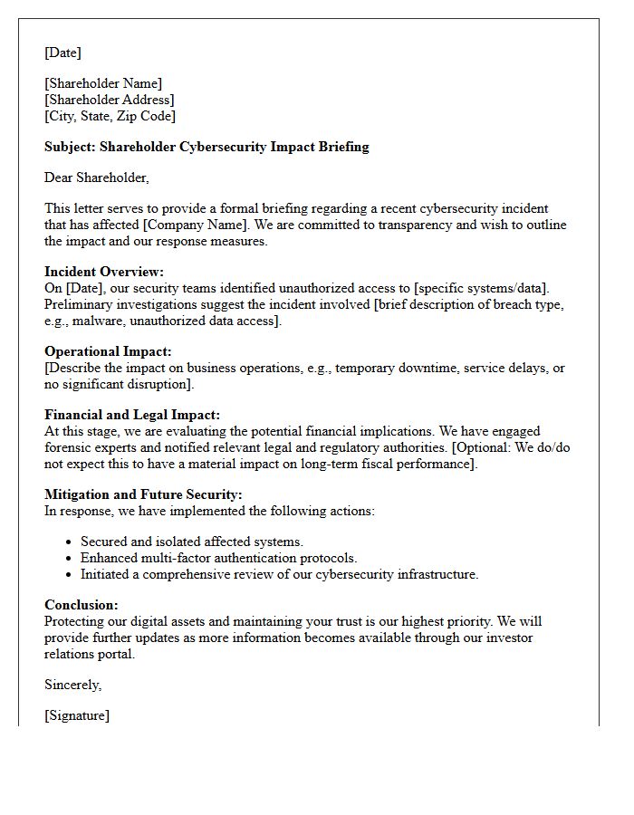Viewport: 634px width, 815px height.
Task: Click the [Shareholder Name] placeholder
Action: [x=103, y=83]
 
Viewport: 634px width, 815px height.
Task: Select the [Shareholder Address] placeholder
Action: [x=109, y=100]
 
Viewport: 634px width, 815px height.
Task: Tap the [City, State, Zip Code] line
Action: [x=110, y=116]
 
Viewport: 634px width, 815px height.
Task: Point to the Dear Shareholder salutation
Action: [x=96, y=177]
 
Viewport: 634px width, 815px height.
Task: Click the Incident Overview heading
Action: [x=104, y=272]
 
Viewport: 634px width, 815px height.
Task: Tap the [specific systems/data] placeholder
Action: [x=481, y=288]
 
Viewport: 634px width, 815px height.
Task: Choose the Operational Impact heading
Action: [x=108, y=351]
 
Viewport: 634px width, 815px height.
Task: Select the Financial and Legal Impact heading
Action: [x=132, y=415]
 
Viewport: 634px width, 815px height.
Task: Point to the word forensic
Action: [x=70, y=447]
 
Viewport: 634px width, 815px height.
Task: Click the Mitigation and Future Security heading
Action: [x=143, y=494]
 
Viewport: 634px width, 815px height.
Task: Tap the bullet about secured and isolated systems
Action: [x=191, y=542]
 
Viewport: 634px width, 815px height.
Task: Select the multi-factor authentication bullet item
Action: [x=218, y=558]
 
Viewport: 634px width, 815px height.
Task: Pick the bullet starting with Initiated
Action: [x=279, y=574]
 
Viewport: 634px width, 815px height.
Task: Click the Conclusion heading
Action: [x=82, y=605]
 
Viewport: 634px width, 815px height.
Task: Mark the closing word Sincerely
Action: [x=73, y=685]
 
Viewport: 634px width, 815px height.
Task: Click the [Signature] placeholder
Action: [x=77, y=715]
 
